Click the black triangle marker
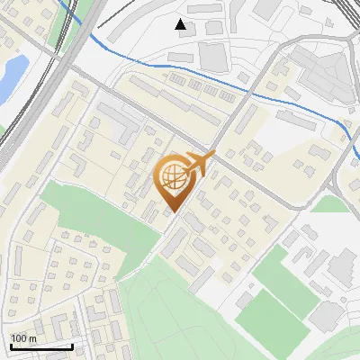(x=182, y=24)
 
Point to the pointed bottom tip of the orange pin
(x=173, y=213)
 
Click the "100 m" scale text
(x=23, y=338)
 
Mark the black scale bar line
(x=41, y=346)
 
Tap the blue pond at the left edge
(x=11, y=77)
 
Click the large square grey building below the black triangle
(x=214, y=57)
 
